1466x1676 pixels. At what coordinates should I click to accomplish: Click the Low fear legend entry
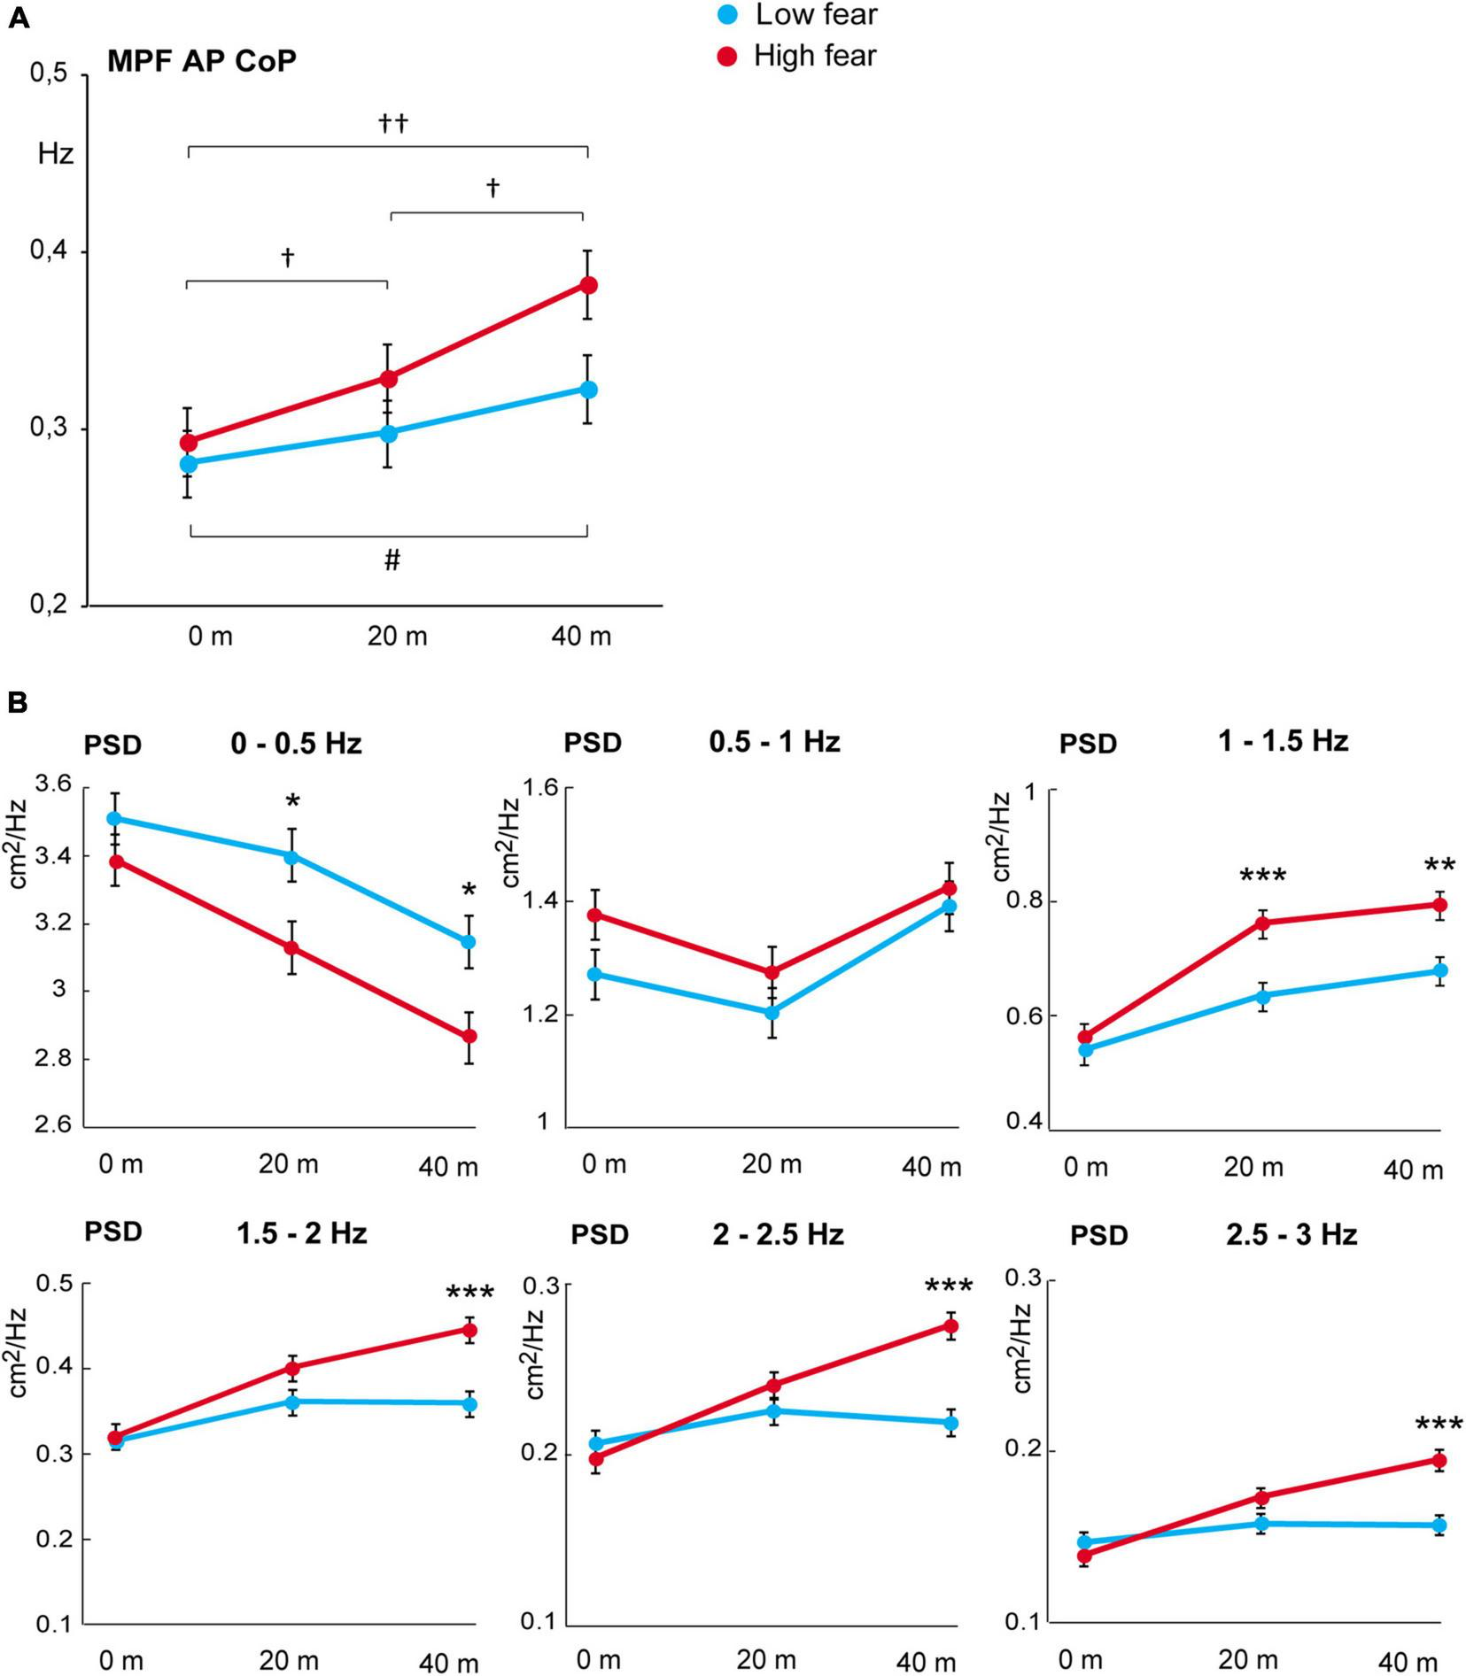pos(797,15)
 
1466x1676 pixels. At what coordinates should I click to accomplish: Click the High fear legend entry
pos(797,56)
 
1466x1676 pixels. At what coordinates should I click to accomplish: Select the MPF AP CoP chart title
pos(201,61)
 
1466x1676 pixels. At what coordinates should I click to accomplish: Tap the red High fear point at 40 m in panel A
pos(588,285)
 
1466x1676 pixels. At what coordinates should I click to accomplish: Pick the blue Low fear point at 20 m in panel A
pos(388,434)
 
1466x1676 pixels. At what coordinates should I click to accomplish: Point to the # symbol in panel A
pos(392,560)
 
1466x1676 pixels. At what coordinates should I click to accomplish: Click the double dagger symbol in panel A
pos(393,123)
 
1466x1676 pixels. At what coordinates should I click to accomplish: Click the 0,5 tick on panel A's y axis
pos(49,74)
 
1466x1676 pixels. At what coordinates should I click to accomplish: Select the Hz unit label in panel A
pos(55,154)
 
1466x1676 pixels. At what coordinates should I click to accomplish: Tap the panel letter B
pos(18,703)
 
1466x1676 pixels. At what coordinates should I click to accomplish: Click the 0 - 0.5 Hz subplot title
pos(296,743)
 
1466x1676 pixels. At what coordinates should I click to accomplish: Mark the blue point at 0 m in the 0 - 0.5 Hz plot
pos(114,819)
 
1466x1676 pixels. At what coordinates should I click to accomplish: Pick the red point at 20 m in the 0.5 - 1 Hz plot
pos(772,972)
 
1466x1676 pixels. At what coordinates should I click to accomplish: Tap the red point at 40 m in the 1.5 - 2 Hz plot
pos(469,1330)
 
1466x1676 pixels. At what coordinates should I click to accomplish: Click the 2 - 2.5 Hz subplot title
pos(778,1234)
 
